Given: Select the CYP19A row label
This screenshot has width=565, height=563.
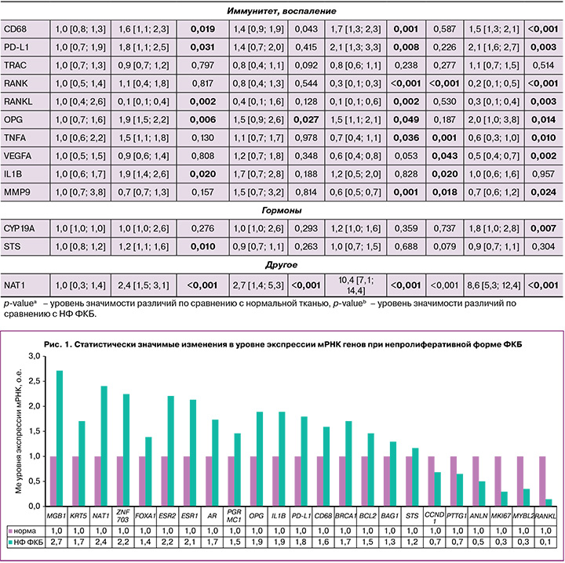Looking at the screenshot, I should point(19,232).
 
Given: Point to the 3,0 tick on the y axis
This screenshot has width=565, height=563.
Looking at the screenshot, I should point(31,357).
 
